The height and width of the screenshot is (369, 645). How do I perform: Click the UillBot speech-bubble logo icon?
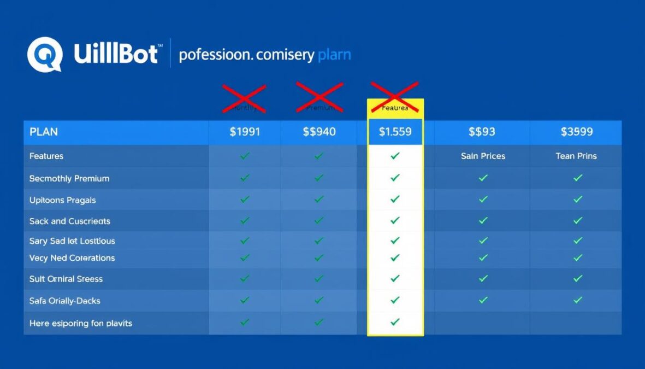click(x=44, y=54)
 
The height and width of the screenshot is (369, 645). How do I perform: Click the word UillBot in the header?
click(x=117, y=55)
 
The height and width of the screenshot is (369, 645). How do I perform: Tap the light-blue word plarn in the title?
click(x=334, y=55)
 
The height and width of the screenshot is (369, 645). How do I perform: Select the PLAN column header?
click(x=44, y=132)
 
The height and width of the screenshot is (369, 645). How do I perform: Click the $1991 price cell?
click(x=245, y=132)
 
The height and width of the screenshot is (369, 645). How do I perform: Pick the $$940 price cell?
click(x=319, y=132)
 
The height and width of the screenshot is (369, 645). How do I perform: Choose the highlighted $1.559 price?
click(x=395, y=132)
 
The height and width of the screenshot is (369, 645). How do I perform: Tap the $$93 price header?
click(x=482, y=132)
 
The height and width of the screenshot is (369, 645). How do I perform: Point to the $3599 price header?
click(x=576, y=132)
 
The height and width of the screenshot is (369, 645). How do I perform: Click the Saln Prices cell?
click(x=483, y=156)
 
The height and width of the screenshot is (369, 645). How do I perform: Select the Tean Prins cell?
click(x=576, y=156)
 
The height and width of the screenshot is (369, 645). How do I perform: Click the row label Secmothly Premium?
click(x=69, y=178)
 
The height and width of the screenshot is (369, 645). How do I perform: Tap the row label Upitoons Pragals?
click(x=62, y=200)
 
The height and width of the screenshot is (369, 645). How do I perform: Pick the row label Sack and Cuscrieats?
click(x=69, y=221)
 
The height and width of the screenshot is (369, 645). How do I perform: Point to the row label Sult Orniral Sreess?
click(x=66, y=279)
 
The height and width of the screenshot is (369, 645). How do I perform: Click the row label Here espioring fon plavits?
click(x=81, y=323)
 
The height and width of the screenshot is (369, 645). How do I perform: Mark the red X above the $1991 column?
click(x=244, y=98)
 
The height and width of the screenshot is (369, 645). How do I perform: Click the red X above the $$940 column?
click(x=319, y=97)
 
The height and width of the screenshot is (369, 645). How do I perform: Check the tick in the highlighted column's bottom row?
click(x=395, y=323)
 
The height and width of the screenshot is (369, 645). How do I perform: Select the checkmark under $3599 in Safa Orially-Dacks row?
click(x=578, y=300)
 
